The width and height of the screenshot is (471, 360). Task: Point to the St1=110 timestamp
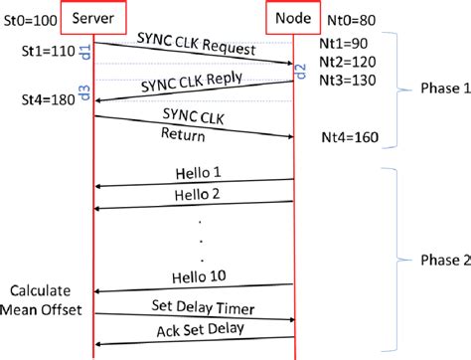coord(46,47)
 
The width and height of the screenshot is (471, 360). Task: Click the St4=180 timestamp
coord(46,100)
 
